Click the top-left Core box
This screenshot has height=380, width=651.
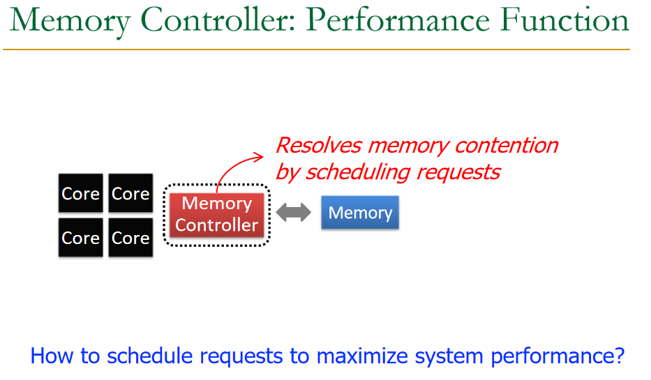[x=80, y=193]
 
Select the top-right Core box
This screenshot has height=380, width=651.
[x=130, y=193]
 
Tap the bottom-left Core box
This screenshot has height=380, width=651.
[x=80, y=238]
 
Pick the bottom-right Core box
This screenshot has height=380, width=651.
[x=130, y=238]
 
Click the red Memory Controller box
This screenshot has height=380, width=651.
[x=217, y=215]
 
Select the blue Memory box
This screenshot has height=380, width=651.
[x=360, y=213]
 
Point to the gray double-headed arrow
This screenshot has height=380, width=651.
[x=293, y=213]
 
